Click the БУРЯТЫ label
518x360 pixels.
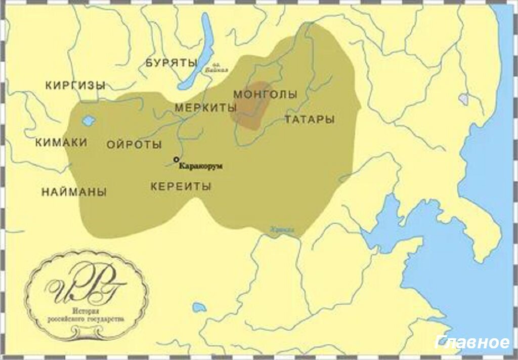click(171, 63)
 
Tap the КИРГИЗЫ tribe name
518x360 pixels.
click(75, 85)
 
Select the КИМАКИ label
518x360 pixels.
click(61, 143)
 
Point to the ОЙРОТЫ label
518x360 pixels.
click(134, 145)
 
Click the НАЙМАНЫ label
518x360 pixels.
click(74, 192)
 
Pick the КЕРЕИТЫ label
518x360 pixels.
click(181, 187)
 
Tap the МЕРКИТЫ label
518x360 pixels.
click(205, 108)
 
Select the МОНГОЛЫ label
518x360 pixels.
click(265, 95)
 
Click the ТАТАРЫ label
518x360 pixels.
click(309, 120)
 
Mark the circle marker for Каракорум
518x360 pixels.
click(176, 159)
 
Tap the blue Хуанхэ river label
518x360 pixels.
click(282, 230)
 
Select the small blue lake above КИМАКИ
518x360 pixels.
click(89, 121)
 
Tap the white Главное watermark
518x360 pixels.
click(472, 343)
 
